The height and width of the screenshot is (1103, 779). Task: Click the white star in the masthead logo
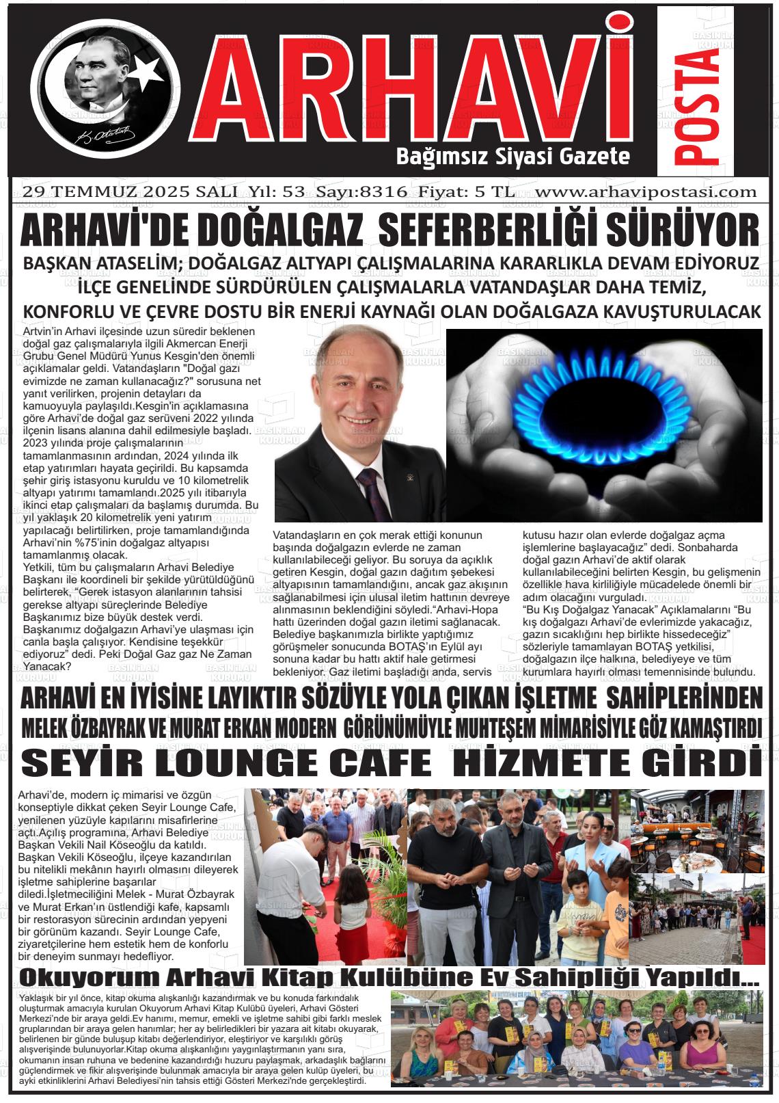click(x=146, y=68)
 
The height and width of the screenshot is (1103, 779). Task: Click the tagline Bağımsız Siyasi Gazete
click(x=512, y=157)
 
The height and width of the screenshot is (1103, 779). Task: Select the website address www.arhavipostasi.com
click(x=646, y=192)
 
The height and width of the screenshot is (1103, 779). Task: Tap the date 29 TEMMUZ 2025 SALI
click(x=130, y=192)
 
